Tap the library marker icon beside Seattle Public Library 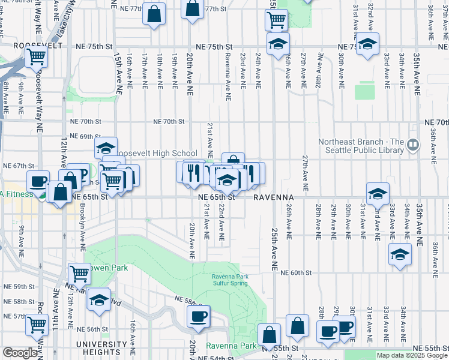pos(413,145)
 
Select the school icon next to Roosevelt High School pos(106,148)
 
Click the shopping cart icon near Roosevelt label pos(37,57)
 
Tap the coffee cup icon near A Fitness pos(39,181)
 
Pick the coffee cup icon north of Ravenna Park pos(199,315)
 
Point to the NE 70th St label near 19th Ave pos(168,121)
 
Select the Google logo pos(20,353)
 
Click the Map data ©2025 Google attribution pos(412,355)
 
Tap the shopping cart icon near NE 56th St pos(37,325)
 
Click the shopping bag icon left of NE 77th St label pos(154,13)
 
